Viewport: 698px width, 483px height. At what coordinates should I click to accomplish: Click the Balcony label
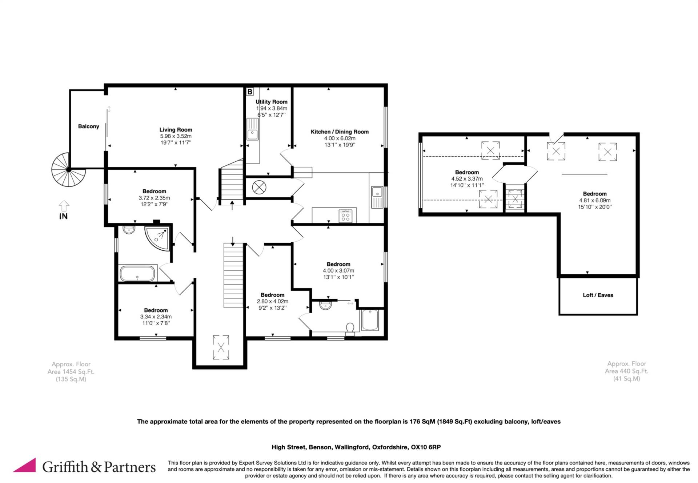pyautogui.click(x=88, y=126)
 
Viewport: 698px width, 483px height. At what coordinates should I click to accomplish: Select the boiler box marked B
pyautogui.click(x=250, y=92)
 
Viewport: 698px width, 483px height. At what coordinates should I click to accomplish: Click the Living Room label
pyautogui.click(x=176, y=130)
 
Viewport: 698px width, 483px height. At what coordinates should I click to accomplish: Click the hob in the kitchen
pyautogui.click(x=345, y=216)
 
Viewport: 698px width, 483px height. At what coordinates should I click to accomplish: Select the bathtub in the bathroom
pyautogui.click(x=137, y=274)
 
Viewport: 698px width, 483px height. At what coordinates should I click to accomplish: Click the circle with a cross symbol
pyautogui.click(x=259, y=188)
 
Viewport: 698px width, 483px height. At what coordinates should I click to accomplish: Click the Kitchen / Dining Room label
pyautogui.click(x=340, y=132)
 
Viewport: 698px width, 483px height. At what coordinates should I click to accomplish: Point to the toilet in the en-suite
pyautogui.click(x=350, y=328)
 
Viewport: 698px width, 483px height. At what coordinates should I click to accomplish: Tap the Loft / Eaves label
pyautogui.click(x=598, y=295)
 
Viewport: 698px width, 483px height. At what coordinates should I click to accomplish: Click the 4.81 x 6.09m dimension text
pyautogui.click(x=595, y=200)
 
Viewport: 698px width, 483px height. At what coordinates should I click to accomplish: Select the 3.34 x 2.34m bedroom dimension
pyautogui.click(x=156, y=317)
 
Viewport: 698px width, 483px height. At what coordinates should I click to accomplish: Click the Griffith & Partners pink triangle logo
pyautogui.click(x=25, y=466)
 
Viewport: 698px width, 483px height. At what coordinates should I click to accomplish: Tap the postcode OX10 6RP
pyautogui.click(x=426, y=447)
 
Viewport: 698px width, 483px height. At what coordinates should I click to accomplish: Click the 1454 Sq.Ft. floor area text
pyautogui.click(x=71, y=372)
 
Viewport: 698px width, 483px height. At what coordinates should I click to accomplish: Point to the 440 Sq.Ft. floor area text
pyautogui.click(x=626, y=371)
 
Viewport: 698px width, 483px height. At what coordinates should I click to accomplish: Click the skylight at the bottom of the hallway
pyautogui.click(x=221, y=347)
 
